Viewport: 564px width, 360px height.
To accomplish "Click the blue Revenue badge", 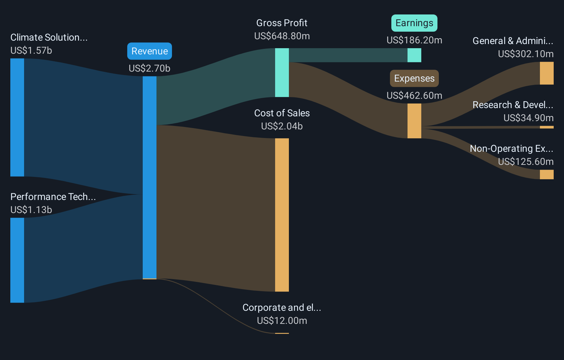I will [149, 51].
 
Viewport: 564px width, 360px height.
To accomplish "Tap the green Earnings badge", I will [414, 23].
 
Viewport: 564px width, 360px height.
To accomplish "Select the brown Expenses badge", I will [414, 78].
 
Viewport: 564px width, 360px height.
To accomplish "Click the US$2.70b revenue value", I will [149, 68].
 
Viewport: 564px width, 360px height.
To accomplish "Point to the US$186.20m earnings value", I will [414, 40].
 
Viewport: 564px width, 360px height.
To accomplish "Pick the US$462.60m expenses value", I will [414, 96].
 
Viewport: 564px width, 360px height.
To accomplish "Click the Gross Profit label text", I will [282, 23].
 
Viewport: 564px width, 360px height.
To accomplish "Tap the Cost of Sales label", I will [282, 113].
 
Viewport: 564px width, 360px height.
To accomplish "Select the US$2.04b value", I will [282, 126].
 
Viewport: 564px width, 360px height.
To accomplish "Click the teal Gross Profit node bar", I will [282, 73].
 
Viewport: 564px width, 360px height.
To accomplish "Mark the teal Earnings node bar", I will [414, 55].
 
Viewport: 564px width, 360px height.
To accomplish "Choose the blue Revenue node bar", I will [149, 177].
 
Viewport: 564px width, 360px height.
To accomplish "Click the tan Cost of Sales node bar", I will [282, 215].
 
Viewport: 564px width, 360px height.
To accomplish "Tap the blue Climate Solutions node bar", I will [17, 117].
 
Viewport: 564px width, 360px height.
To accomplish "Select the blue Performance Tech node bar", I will [17, 260].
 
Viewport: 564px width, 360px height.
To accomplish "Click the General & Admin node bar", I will [546, 73].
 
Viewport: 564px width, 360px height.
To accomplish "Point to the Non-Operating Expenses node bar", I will [546, 174].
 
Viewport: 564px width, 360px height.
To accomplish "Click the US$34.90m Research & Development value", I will [528, 118].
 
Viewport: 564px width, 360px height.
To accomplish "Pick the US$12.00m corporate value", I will [282, 321].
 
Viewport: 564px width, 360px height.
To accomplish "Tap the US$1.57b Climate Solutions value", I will [31, 51].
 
